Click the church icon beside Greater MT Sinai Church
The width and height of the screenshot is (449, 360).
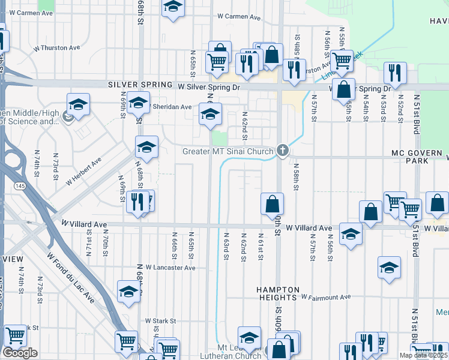tap(283, 151)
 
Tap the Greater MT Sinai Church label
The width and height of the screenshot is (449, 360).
tap(228, 151)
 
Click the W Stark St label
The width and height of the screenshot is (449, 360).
tap(160, 321)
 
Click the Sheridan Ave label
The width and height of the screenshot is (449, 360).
tap(173, 107)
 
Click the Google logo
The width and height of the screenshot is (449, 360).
tap(20, 353)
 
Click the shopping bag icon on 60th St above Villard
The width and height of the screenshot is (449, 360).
tap(272, 203)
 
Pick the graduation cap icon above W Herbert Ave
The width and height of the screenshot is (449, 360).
tap(146, 146)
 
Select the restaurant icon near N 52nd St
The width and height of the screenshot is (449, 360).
tap(395, 73)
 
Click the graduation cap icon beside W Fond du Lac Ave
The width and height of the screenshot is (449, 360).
tap(128, 292)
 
